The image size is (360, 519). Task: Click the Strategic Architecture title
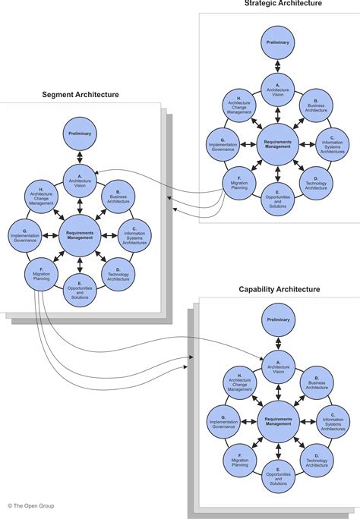[x=283, y=5]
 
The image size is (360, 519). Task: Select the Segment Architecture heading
[x=80, y=95]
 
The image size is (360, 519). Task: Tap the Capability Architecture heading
[x=279, y=289]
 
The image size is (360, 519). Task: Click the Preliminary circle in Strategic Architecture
[x=278, y=42]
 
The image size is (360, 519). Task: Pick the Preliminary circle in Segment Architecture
[x=80, y=133]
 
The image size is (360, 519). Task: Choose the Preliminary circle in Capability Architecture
[x=278, y=320]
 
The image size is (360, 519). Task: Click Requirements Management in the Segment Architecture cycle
[x=80, y=235]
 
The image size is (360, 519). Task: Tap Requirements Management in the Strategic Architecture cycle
[x=278, y=144]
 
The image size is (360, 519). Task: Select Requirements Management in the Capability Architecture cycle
[x=278, y=422]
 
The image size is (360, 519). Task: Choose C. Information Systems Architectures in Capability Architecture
[x=333, y=422]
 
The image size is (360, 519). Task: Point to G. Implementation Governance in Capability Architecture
[x=223, y=422]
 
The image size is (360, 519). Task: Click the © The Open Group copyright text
[x=31, y=505]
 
